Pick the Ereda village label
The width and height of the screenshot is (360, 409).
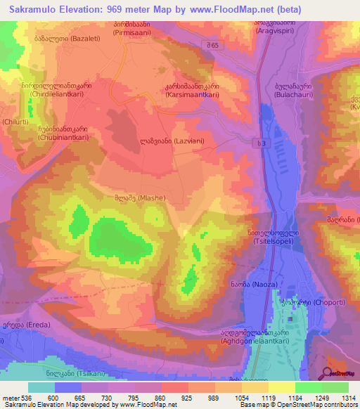(18, 325)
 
